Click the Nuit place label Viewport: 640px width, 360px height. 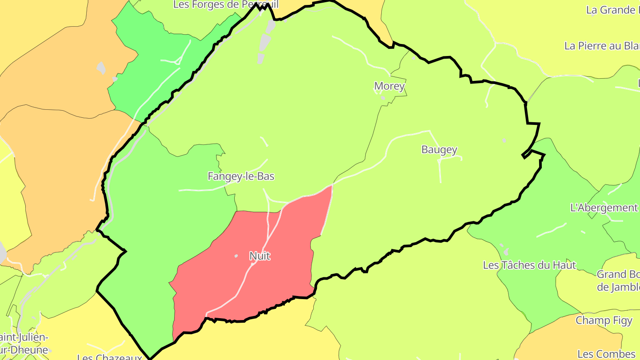coord(260,256)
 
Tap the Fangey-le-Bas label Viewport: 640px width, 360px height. coord(241,176)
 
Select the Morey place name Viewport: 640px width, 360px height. coord(389,86)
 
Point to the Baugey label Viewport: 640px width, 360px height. coord(439,150)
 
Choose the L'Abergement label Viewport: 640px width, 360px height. coord(604,208)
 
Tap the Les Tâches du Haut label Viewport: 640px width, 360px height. coord(529,265)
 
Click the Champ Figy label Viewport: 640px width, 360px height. coord(604,320)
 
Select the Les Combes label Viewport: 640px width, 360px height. coord(607,354)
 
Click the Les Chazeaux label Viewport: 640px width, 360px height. coord(109,356)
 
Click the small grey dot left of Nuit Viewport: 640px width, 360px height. coord(236,256)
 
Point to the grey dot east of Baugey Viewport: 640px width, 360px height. coord(504,140)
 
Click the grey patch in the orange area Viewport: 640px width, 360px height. coord(101,68)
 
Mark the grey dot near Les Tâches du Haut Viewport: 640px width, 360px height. coord(501,245)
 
